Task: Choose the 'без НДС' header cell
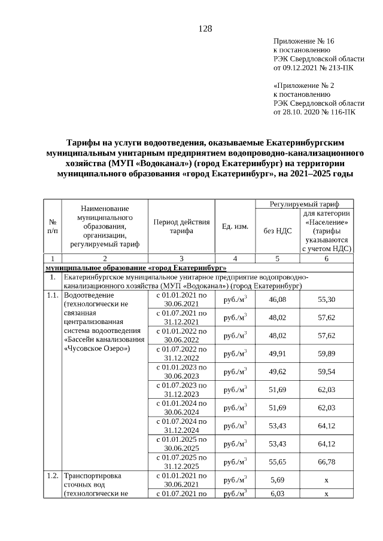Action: [x=277, y=231]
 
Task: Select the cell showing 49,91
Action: [x=277, y=353]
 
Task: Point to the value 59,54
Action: [x=326, y=371]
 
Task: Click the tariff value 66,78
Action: [x=326, y=461]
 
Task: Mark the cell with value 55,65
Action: [x=277, y=461]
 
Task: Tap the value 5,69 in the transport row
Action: [x=277, y=479]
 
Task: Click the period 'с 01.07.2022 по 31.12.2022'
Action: [x=181, y=353]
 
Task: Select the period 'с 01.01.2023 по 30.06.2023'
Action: [x=181, y=371]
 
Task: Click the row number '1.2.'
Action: [x=52, y=476]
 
